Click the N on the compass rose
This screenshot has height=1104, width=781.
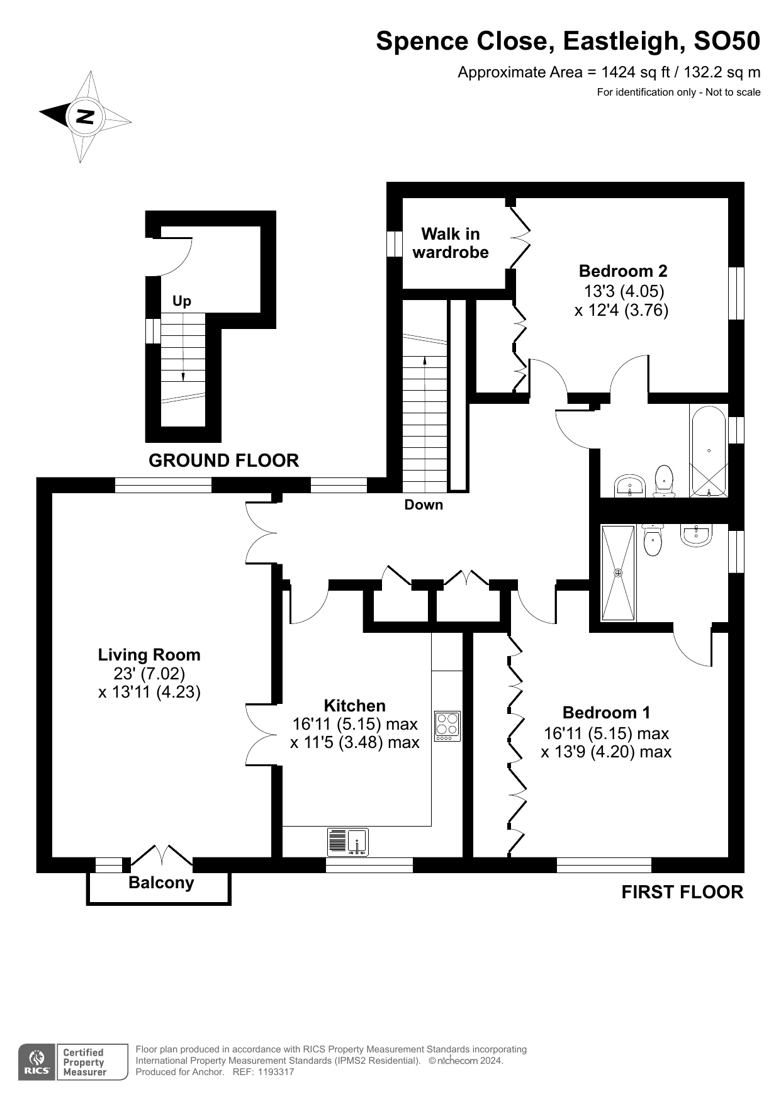click(x=85, y=116)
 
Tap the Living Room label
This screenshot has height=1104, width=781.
click(x=149, y=655)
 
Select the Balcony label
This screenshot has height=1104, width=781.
click(x=161, y=883)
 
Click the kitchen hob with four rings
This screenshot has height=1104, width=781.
click(x=447, y=726)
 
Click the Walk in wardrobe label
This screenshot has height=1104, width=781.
click(x=451, y=243)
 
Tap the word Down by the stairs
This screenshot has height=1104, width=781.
click(x=424, y=505)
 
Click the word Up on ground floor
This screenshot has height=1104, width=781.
click(x=182, y=301)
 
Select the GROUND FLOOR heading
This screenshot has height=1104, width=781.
click(x=223, y=460)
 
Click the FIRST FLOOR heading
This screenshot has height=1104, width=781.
click(x=682, y=892)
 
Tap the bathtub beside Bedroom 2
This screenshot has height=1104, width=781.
click(x=709, y=450)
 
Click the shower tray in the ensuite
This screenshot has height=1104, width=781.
click(x=618, y=572)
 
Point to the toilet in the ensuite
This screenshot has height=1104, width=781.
click(x=653, y=542)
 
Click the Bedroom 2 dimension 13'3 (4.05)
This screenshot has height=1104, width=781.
click(x=624, y=291)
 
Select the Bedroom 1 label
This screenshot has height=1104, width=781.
click(x=606, y=713)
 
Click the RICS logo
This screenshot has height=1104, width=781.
click(x=37, y=1062)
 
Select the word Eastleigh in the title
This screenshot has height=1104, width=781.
click(x=619, y=41)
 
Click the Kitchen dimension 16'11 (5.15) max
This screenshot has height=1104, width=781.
click(x=355, y=724)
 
